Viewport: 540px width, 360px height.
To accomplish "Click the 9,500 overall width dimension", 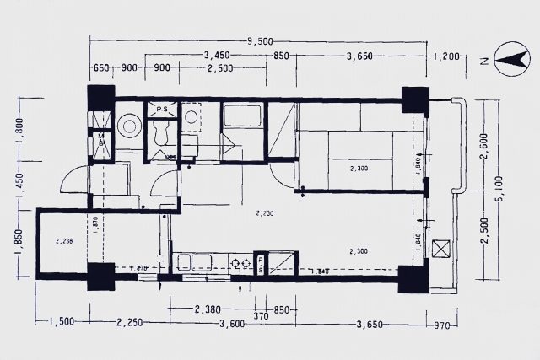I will coord(261,40).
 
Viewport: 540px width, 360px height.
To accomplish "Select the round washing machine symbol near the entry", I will coord(129,126).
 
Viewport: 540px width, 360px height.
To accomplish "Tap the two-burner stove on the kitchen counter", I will coord(240,262).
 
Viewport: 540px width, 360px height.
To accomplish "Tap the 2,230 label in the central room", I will coord(265,214).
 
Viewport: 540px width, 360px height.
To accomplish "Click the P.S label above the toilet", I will coord(159,109).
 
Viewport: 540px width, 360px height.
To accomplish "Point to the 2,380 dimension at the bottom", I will coord(208,309).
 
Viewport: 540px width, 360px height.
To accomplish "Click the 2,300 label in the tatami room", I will coord(359,170).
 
